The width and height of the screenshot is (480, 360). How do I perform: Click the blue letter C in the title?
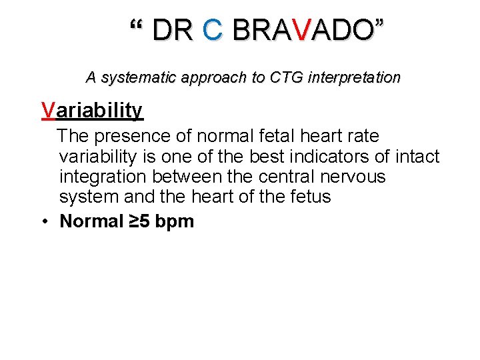pyautogui.click(x=213, y=30)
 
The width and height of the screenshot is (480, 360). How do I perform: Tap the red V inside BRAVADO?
pyautogui.click(x=302, y=30)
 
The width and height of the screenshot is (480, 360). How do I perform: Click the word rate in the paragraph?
pyautogui.click(x=361, y=137)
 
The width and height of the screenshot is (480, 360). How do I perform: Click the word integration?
pyautogui.click(x=103, y=177)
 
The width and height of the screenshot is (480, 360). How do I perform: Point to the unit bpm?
pyautogui.click(x=174, y=222)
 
